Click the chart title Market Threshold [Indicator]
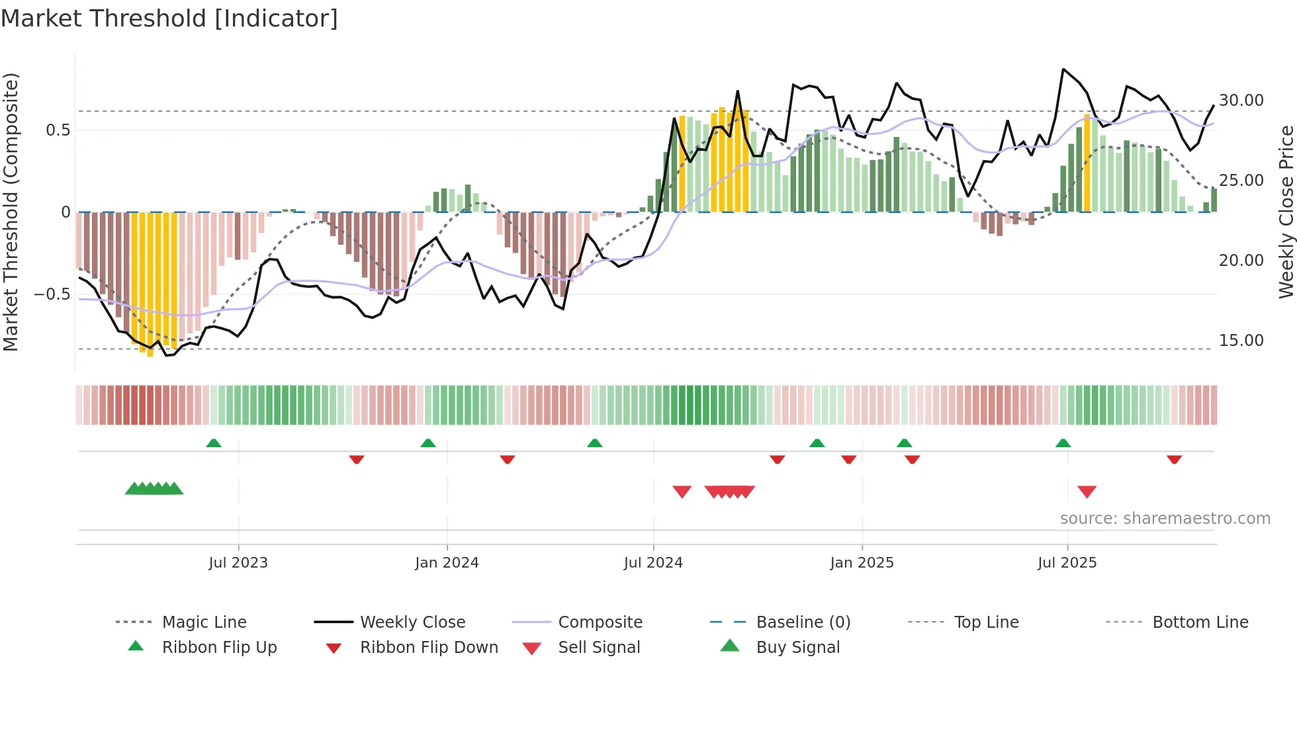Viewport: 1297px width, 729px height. click(169, 19)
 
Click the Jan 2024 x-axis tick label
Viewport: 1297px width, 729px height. click(447, 563)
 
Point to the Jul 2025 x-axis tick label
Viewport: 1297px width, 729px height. click(1067, 563)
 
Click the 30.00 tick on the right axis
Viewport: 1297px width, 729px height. click(1241, 101)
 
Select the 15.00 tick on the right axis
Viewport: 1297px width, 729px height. click(1241, 341)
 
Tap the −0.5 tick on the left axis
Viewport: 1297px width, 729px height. click(52, 294)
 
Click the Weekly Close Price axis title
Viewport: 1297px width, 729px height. click(1286, 212)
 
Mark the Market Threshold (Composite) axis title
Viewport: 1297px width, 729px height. click(11, 212)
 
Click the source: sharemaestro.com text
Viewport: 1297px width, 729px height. click(1165, 519)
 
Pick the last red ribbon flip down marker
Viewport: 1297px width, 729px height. click(1174, 459)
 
